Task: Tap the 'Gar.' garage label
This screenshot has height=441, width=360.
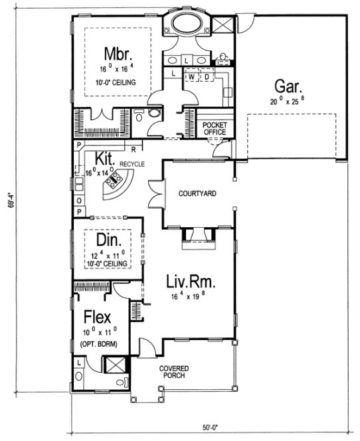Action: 288,86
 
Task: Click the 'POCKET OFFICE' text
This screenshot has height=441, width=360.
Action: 215,129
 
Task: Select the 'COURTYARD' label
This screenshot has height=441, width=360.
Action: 197,193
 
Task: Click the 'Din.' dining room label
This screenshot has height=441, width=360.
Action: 108,240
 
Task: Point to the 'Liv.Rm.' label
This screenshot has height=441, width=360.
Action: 192,283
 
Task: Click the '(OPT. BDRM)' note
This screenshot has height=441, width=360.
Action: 98,344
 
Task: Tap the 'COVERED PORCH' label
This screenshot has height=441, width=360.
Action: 173,371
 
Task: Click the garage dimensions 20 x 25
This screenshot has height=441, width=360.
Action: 288,102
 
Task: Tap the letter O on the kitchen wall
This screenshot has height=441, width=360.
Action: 79,200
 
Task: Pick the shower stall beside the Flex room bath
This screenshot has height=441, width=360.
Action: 115,365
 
